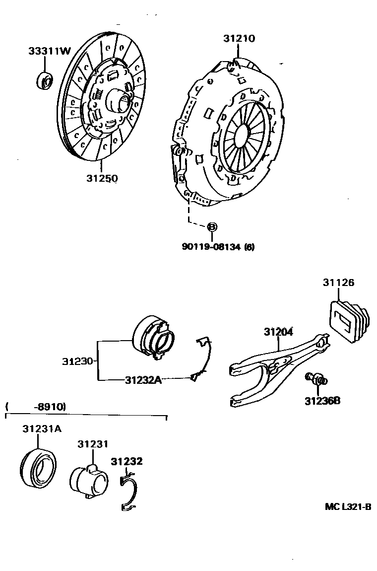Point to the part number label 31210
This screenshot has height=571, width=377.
(239, 38)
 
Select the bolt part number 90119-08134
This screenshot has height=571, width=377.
(211, 247)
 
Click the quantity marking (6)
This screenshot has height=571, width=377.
(250, 247)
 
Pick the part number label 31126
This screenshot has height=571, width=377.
(338, 283)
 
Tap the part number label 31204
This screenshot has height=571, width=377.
(278, 332)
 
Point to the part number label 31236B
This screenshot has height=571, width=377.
(322, 401)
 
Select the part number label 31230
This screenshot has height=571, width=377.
(77, 361)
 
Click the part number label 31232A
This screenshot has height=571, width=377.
(143, 380)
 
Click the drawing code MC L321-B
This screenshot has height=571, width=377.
(348, 506)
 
